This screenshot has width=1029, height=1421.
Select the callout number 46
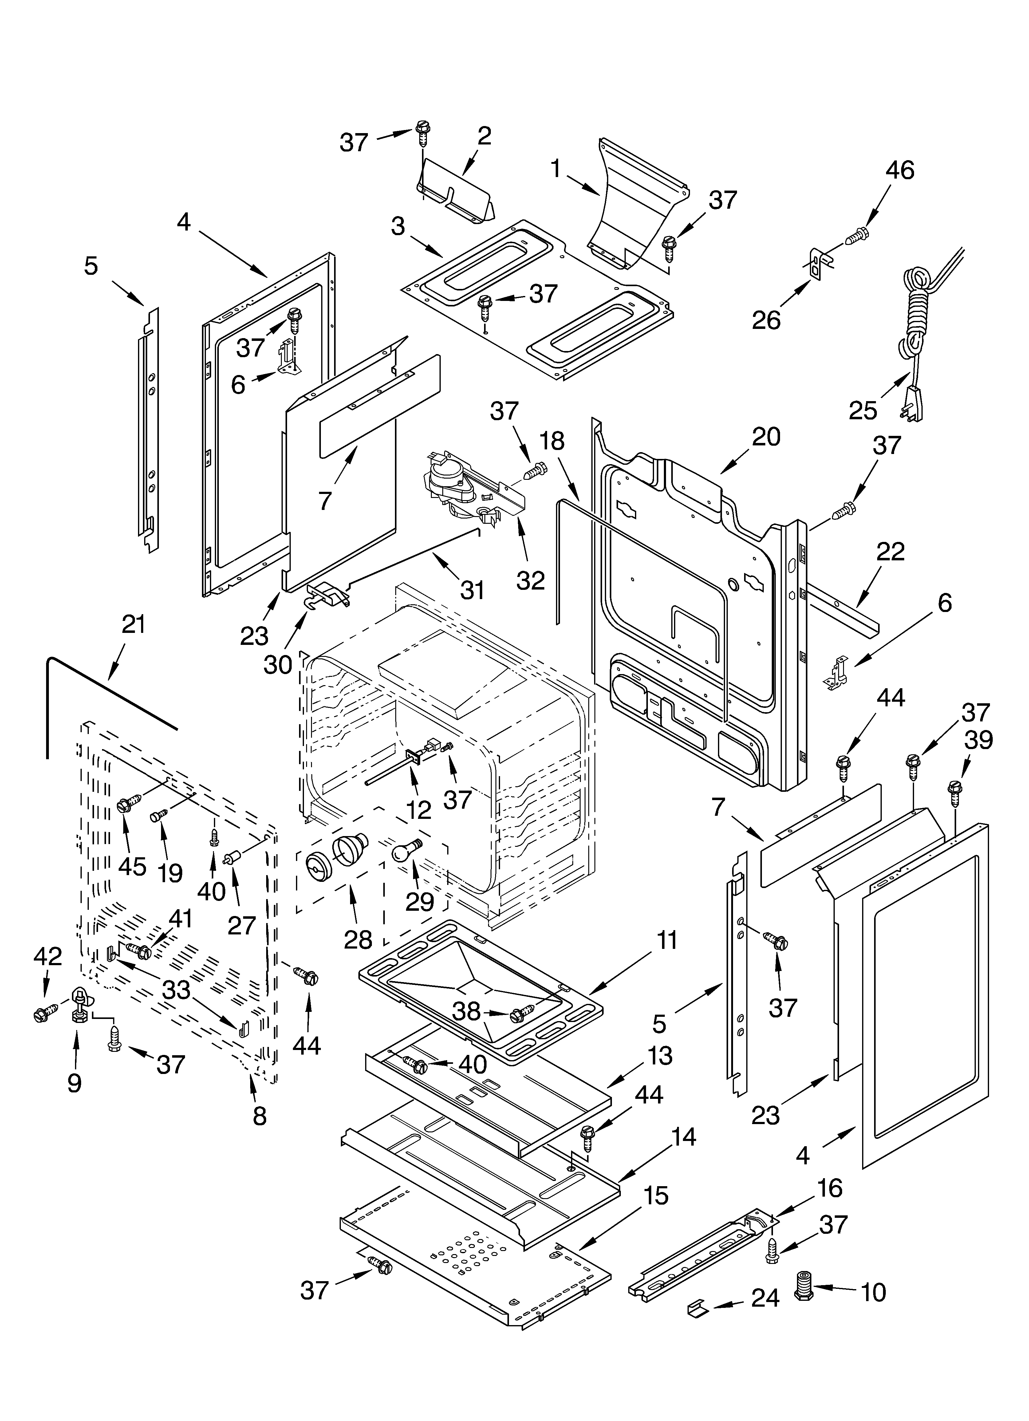[x=900, y=170]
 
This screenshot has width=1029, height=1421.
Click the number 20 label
[x=766, y=437]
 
